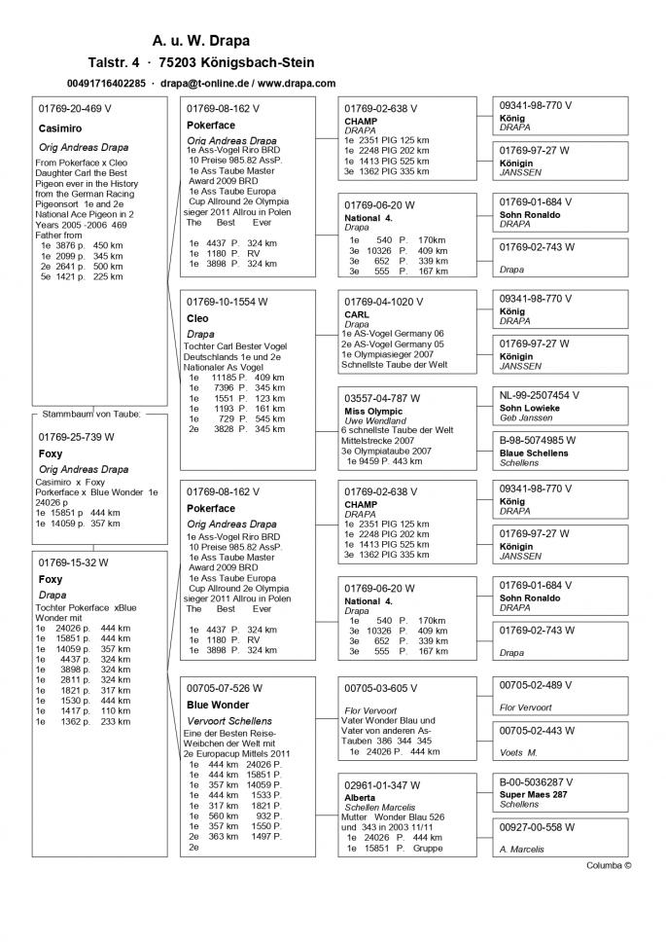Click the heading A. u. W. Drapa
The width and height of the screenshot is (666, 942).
(201, 41)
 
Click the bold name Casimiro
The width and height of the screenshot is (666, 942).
(60, 127)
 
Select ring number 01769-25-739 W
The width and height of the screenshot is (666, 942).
(76, 437)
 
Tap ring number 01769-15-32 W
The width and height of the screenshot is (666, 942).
(73, 562)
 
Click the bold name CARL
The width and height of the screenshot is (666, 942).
(357, 315)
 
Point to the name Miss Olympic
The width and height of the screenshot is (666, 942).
(373, 412)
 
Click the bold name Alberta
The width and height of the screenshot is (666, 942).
(360, 797)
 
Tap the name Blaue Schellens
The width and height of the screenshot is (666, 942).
(533, 453)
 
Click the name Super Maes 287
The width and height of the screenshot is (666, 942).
(534, 795)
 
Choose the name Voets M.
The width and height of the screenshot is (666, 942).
(518, 752)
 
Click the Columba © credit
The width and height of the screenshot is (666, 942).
(609, 864)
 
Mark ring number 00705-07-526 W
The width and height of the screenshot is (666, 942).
(224, 687)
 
